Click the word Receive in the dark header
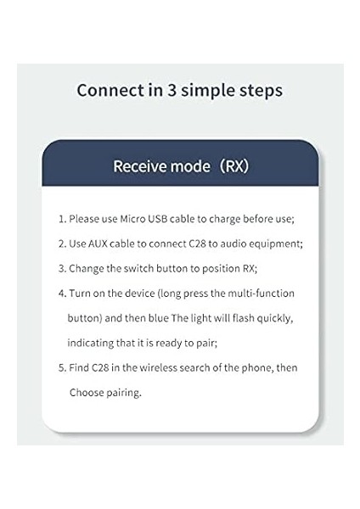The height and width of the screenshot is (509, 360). click(141, 165)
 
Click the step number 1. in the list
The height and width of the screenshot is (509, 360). click(62, 218)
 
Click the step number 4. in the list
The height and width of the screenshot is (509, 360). click(62, 294)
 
